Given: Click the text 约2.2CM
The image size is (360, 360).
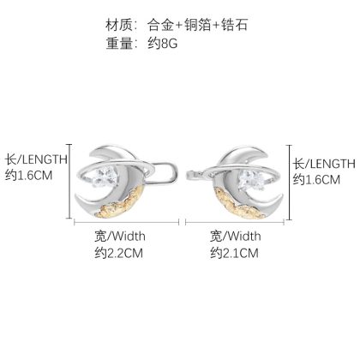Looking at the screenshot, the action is pyautogui.click(x=119, y=253).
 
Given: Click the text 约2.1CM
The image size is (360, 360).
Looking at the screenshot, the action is pyautogui.click(x=234, y=253).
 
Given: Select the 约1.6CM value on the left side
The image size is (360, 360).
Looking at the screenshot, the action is pyautogui.click(x=29, y=175).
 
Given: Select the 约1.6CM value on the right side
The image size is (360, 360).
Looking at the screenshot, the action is pyautogui.click(x=316, y=180).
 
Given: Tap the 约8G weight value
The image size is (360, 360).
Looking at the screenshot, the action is pyautogui.click(x=163, y=44).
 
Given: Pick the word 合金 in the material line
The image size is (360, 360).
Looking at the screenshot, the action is pyautogui.click(x=161, y=25).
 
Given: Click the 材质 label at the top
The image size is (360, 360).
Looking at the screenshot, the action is pyautogui.click(x=118, y=25).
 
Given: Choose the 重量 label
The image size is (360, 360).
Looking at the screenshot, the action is pyautogui.click(x=118, y=44).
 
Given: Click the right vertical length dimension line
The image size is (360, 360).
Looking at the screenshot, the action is pyautogui.click(x=290, y=183).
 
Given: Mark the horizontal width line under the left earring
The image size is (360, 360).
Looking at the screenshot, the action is pyautogui.click(x=127, y=222).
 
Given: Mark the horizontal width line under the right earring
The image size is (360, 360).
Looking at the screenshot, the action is pyautogui.click(x=235, y=222).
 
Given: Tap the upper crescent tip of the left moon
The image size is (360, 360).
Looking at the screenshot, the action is pyautogui.click(x=91, y=156).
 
